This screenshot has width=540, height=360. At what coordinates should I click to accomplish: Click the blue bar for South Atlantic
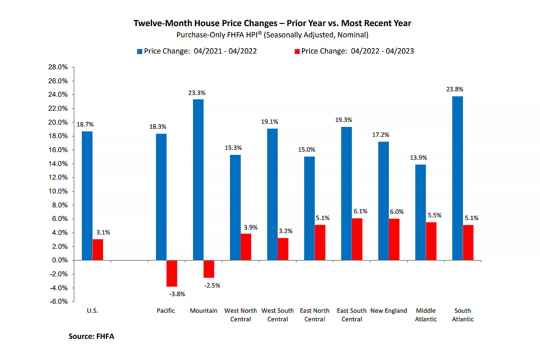[457, 178]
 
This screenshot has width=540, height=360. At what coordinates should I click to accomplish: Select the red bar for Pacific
[171, 273]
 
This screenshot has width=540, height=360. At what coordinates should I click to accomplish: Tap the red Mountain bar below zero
[209, 269]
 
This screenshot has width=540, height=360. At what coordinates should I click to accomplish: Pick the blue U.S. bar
[87, 196]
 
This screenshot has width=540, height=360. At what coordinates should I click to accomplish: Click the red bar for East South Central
[357, 239]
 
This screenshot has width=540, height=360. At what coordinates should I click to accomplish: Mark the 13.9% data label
[418, 158]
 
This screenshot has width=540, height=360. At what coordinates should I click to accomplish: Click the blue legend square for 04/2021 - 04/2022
[139, 51]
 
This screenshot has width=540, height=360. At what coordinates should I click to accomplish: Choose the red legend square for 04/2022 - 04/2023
[297, 51]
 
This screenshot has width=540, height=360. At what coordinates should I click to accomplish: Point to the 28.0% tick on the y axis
[57, 67]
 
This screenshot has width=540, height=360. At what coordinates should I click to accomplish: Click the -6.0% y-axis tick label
[57, 301]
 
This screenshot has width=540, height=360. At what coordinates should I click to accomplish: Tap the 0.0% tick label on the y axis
[58, 260]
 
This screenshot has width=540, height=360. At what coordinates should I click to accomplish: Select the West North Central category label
[240, 315]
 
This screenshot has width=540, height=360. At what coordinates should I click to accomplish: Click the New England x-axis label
[388, 310]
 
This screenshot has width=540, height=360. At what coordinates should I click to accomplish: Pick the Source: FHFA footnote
[91, 336]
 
